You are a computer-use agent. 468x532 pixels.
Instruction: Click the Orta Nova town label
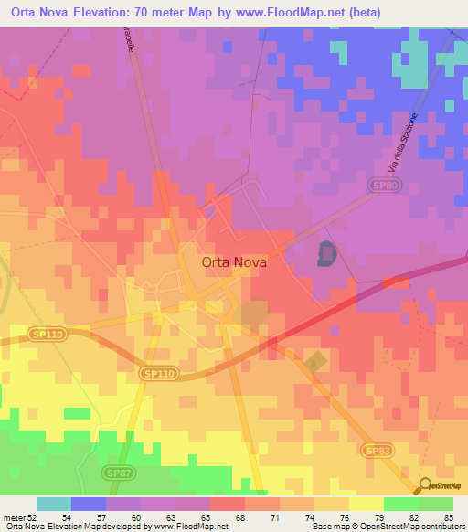[x=234, y=261]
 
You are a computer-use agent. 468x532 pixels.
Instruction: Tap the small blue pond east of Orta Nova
[x=326, y=253]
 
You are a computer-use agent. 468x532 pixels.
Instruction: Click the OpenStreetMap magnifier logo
[x=426, y=486]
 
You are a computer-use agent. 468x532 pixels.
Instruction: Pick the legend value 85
[x=447, y=516]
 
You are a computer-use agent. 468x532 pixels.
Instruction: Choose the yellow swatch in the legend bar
[x=366, y=504]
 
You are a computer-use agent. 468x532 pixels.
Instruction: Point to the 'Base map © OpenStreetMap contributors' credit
[x=385, y=527]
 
